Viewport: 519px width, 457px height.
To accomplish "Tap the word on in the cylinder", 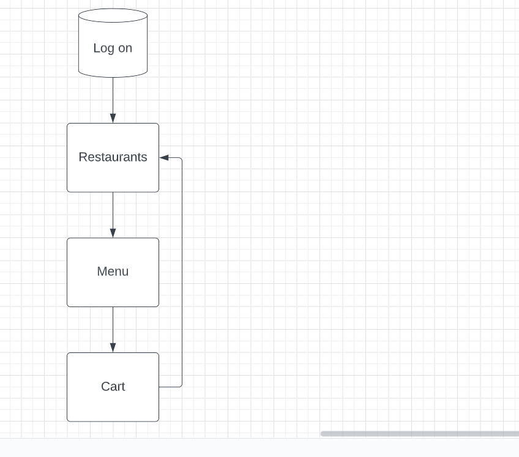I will click(x=125, y=48).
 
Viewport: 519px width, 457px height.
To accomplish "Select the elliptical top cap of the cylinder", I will click(x=113, y=15).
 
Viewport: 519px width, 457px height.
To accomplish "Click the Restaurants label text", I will click(x=113, y=157).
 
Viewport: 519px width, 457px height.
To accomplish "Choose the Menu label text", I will click(x=113, y=272).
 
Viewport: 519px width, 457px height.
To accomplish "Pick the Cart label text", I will click(x=113, y=387).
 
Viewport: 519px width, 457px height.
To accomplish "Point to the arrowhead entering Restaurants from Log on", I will click(x=113, y=118).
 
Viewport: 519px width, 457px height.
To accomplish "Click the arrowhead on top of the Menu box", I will click(x=113, y=232).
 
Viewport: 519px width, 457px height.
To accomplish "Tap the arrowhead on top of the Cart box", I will click(x=113, y=347).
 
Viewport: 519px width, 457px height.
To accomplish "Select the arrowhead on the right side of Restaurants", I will click(x=164, y=158).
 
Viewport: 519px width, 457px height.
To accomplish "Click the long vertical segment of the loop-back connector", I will click(x=182, y=272).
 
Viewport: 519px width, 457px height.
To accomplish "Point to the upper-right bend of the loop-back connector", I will click(x=181, y=159).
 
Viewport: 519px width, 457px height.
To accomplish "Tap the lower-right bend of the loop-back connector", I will click(x=181, y=385).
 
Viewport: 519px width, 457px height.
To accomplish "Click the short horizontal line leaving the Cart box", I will click(x=170, y=387).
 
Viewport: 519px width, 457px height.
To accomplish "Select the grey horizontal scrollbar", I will click(x=419, y=434).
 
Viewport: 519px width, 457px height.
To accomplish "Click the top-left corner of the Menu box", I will click(x=68, y=239).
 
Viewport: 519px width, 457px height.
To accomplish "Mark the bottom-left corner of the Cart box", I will click(x=68, y=420).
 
